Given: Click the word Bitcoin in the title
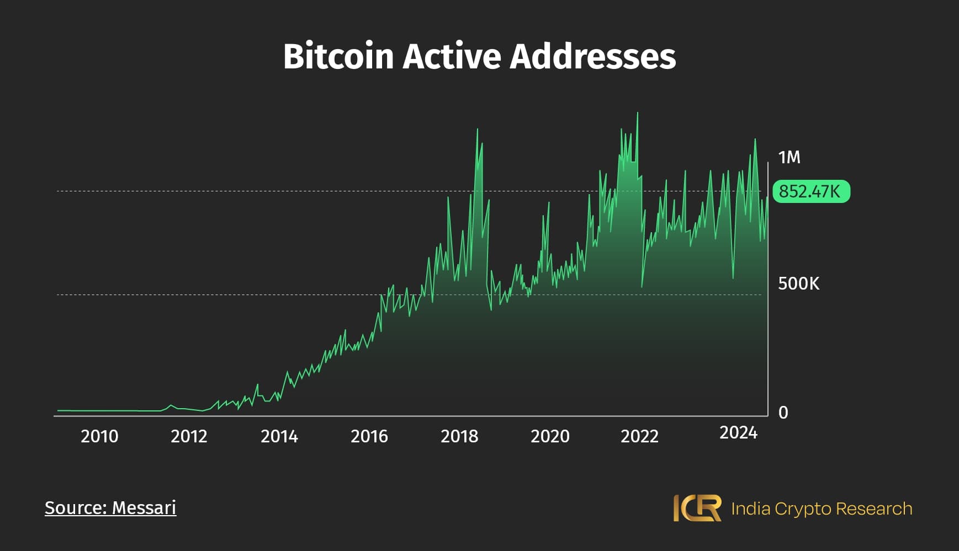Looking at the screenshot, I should pyautogui.click(x=338, y=56).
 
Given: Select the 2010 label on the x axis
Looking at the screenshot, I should pyautogui.click(x=99, y=436).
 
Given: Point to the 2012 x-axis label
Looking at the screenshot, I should pyautogui.click(x=189, y=436).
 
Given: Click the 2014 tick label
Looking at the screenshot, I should pyautogui.click(x=279, y=436).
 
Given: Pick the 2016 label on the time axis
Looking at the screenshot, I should pyautogui.click(x=369, y=436).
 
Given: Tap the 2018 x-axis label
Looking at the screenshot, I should pyautogui.click(x=459, y=436).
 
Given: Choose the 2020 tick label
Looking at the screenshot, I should pyautogui.click(x=550, y=436).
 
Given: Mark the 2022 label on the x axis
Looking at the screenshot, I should pyautogui.click(x=639, y=436).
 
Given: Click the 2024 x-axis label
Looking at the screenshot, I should pyautogui.click(x=738, y=433).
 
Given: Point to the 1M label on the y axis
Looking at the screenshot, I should pyautogui.click(x=789, y=158).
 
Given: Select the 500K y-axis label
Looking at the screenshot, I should pyautogui.click(x=798, y=283).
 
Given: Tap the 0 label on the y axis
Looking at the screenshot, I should pyautogui.click(x=783, y=413).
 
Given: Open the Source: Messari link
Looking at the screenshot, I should pyautogui.click(x=110, y=507).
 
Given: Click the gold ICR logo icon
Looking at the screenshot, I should pyautogui.click(x=697, y=508).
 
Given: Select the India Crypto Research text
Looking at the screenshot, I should pyautogui.click(x=822, y=509).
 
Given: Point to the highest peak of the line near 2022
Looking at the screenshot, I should pyautogui.click(x=638, y=113).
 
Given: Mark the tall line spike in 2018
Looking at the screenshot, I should pyautogui.click(x=478, y=130).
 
